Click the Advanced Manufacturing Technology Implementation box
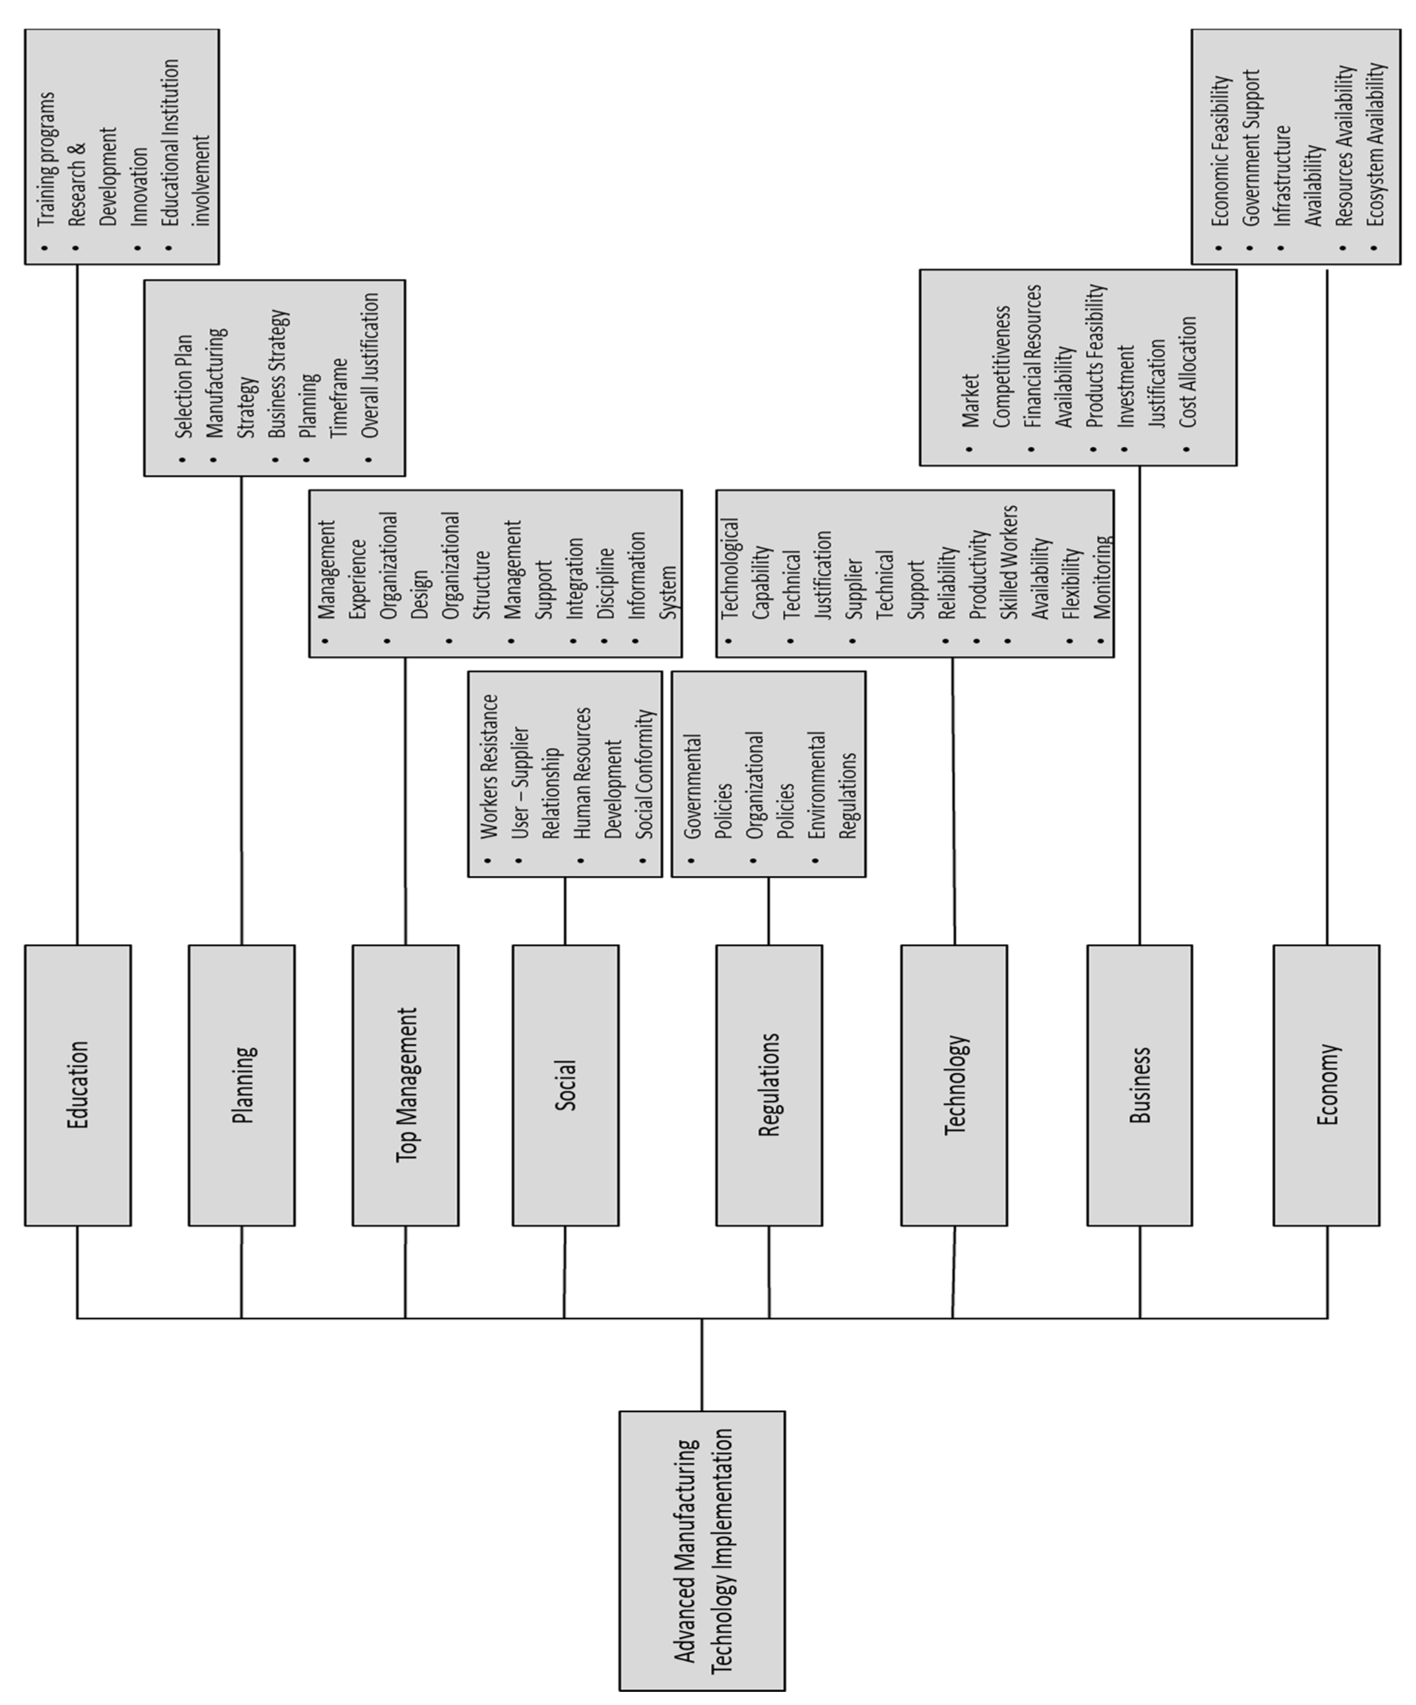tap(702, 1551)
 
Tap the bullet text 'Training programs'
tap(46, 158)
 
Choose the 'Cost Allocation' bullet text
tap(1188, 372)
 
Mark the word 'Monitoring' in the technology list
tap(1102, 577)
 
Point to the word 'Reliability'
tap(947, 583)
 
